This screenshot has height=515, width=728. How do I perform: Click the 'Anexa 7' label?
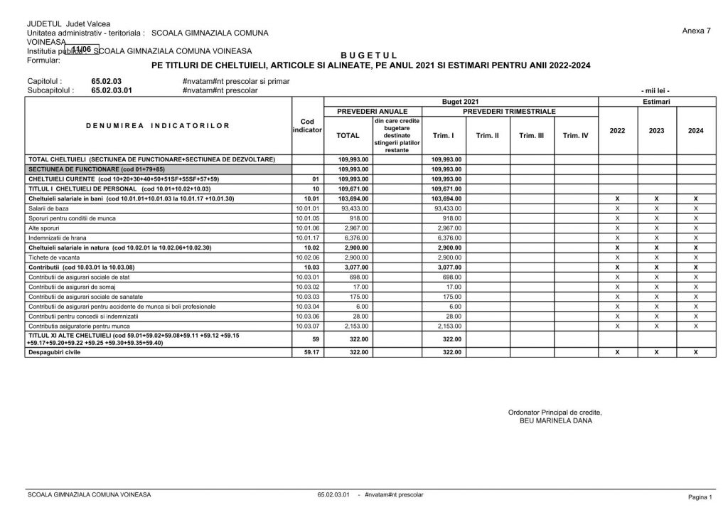tap(695, 31)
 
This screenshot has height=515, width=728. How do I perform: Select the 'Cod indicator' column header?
tap(307, 126)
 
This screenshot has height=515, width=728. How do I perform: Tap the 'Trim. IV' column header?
tap(576, 135)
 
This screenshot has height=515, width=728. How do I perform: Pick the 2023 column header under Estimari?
tap(656, 131)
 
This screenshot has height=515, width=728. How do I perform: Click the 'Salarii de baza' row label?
tap(45, 208)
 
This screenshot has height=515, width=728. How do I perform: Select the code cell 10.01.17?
tap(307, 238)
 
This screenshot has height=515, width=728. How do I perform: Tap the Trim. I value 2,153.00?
tap(447, 326)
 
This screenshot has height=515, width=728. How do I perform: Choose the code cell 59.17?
tap(307, 352)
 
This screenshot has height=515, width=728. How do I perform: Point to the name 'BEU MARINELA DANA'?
tap(555, 420)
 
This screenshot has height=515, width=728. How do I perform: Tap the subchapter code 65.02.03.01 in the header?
tap(112, 90)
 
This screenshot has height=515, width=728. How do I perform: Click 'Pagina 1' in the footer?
tap(700, 496)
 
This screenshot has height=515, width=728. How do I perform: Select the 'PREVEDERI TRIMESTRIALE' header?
tap(509, 112)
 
